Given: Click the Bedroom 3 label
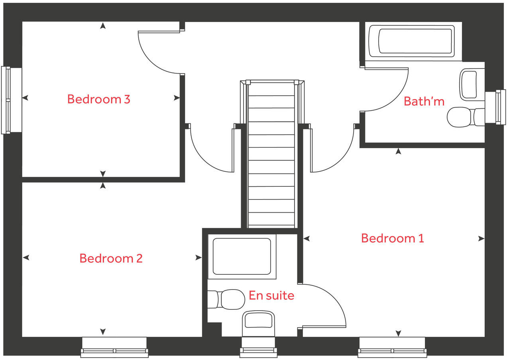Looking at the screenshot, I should [98, 99].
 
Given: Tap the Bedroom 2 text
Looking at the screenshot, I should [111, 258].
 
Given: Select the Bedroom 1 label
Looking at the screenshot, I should [392, 238].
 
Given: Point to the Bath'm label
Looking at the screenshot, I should [424, 101].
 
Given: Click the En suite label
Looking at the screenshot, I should [271, 295].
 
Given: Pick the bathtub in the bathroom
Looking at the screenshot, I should [411, 41].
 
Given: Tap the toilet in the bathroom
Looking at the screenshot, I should [464, 117].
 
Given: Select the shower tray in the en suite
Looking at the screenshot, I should [242, 256].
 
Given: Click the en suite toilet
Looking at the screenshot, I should [227, 299].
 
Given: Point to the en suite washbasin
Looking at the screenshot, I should [259, 322].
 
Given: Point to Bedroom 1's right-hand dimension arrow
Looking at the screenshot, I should [481, 239].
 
